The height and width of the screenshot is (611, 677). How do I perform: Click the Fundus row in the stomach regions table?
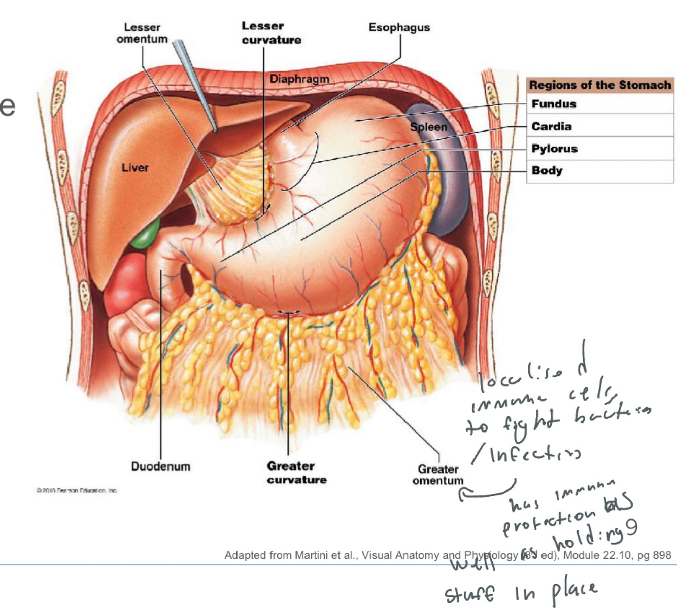[554, 104]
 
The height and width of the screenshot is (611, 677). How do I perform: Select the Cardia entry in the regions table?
[551, 126]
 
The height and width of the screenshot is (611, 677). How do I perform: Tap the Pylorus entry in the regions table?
[554, 149]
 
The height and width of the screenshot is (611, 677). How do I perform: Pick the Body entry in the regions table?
[547, 170]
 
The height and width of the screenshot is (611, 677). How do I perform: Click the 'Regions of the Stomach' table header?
[600, 85]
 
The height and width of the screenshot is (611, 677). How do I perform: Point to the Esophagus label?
[399, 27]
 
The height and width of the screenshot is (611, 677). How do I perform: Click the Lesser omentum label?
[142, 33]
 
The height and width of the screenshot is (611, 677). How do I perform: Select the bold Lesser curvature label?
[271, 33]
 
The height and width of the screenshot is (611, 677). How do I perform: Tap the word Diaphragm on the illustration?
[299, 79]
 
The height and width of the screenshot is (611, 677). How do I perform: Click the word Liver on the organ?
[135, 167]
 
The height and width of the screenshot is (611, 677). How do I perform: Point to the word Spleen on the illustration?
[428, 127]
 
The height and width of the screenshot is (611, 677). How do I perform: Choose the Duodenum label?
[160, 466]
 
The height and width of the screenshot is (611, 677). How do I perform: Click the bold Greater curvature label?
[296, 473]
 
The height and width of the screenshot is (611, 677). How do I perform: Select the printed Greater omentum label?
[437, 475]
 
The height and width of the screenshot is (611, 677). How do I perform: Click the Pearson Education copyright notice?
[77, 490]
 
